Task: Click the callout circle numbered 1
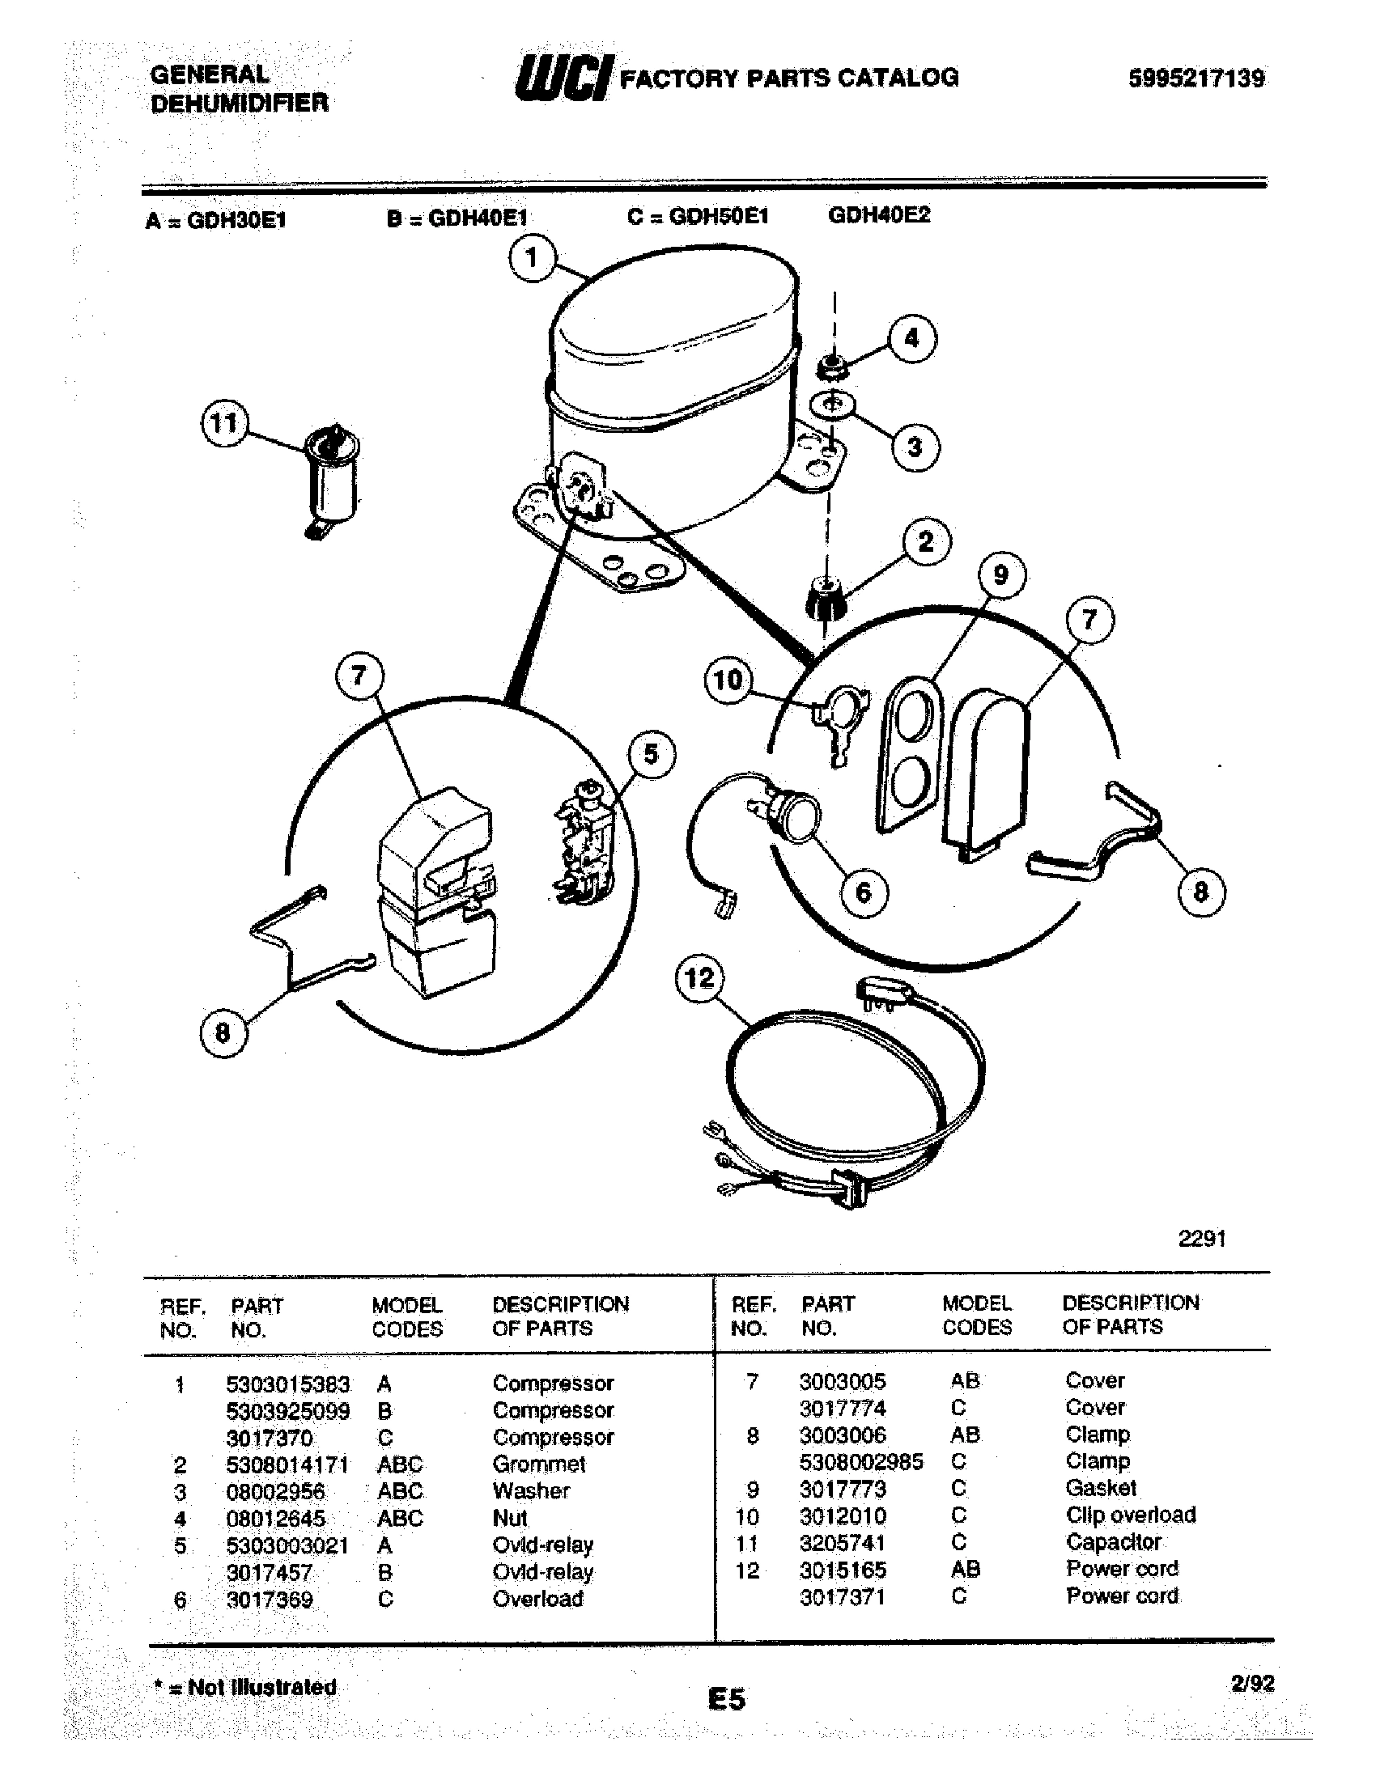(x=532, y=258)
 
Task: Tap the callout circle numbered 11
(x=224, y=425)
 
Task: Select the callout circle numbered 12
(x=700, y=978)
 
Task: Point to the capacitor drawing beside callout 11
(x=332, y=481)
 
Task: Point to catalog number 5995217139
(x=1196, y=78)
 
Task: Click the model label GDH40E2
(x=879, y=215)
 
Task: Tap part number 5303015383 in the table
(x=288, y=1384)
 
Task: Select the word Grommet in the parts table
(x=539, y=1464)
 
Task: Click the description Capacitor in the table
(x=1113, y=1542)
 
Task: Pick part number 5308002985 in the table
(x=861, y=1462)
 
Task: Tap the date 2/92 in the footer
(x=1252, y=1684)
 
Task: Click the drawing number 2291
(x=1201, y=1239)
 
